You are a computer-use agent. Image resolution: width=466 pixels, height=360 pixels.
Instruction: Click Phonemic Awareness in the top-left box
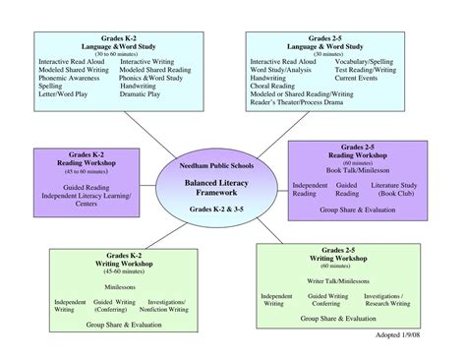73,78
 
